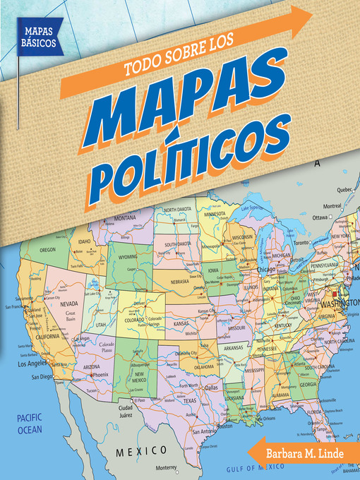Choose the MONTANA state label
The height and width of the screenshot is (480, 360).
(x=124, y=218)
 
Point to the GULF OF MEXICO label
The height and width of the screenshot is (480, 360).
(x=263, y=467)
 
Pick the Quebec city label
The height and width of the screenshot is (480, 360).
(x=323, y=190)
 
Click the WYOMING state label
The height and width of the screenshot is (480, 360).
(x=128, y=257)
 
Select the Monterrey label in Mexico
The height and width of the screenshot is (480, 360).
(x=165, y=468)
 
